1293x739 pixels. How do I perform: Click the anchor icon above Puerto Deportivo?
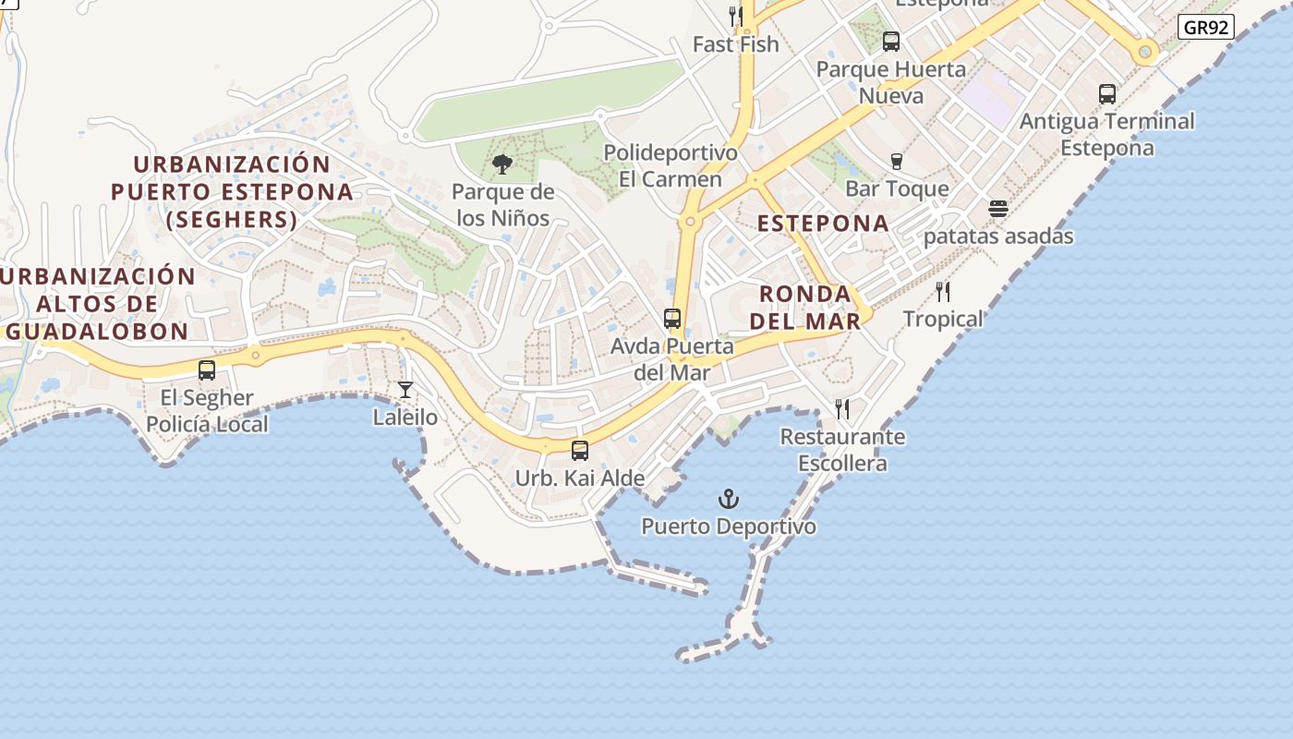tap(729, 500)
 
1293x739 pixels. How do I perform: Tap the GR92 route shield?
tap(1206, 27)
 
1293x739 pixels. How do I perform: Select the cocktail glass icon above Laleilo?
tap(405, 390)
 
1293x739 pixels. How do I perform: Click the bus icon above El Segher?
tap(207, 370)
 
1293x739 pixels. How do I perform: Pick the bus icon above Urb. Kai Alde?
tap(580, 451)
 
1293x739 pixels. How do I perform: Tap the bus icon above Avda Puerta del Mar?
tap(672, 319)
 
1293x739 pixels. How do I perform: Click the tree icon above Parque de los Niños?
tap(502, 164)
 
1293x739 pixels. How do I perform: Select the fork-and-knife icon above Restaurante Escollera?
tap(842, 408)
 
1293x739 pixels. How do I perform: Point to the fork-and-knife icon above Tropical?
tap(943, 292)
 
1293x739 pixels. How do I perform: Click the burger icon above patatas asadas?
tap(997, 209)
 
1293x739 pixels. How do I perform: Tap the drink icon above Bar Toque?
tap(896, 162)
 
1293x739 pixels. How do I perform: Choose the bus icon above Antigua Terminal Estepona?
tap(1107, 94)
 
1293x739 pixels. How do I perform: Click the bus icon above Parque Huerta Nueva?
tap(891, 42)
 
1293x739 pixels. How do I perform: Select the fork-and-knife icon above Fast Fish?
tap(736, 17)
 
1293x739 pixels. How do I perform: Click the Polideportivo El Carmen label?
tap(671, 165)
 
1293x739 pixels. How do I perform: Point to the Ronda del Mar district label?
tap(805, 307)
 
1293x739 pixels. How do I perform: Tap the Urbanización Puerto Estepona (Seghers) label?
tap(232, 192)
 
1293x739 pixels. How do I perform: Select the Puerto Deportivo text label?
tap(729, 527)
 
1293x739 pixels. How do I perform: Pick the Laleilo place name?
tap(405, 417)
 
